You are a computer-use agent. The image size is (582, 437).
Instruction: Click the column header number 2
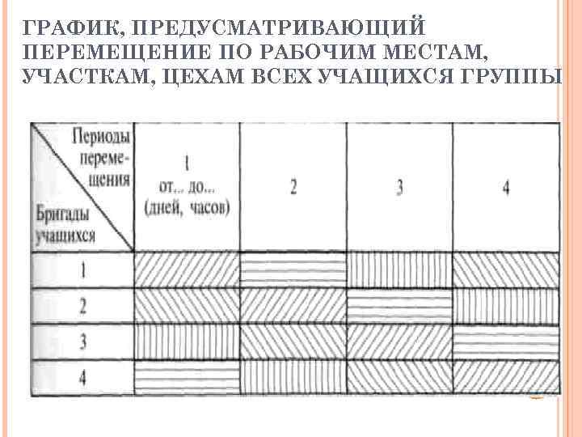[293, 188]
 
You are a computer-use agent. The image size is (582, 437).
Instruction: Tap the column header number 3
[399, 188]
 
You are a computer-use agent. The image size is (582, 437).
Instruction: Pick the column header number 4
[505, 188]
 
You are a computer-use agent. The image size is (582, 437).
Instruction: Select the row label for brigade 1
[82, 270]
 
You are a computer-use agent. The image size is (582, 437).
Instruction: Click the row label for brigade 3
[82, 341]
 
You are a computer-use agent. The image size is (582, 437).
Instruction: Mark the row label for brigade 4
[82, 376]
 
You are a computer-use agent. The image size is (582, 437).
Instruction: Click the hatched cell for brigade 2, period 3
[399, 306]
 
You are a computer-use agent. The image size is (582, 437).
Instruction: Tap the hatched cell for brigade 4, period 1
[187, 376]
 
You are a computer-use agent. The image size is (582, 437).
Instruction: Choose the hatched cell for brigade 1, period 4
[505, 270]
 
